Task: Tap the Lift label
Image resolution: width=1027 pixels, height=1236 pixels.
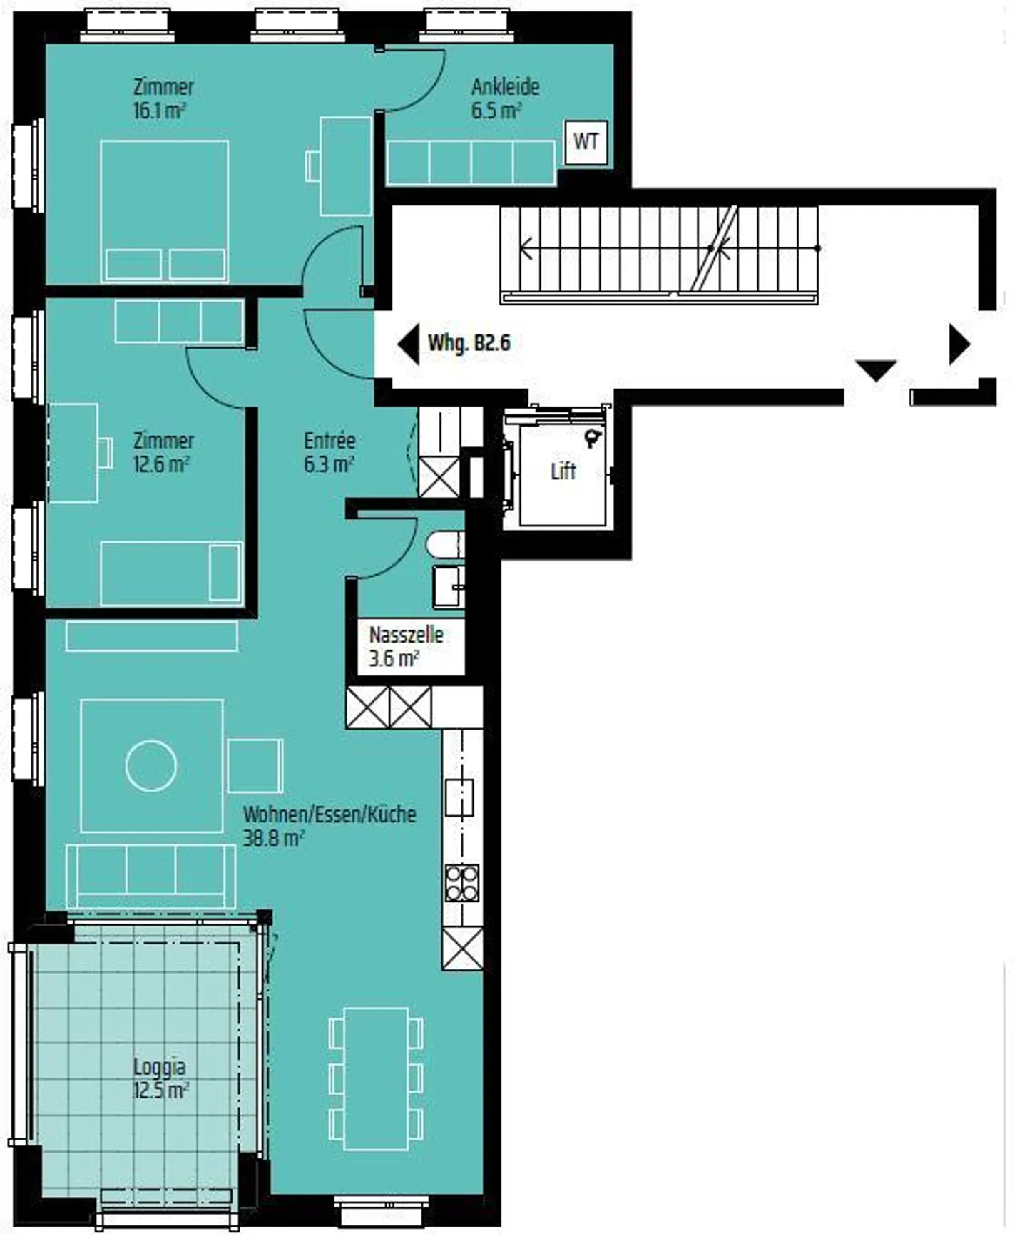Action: coord(563,471)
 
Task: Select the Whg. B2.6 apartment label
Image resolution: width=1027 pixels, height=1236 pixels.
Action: coord(469,343)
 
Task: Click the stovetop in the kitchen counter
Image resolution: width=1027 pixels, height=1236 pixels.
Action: coord(461,883)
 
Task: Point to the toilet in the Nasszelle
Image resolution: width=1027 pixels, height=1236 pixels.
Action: coord(446,546)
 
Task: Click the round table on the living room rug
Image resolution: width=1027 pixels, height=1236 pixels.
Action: coord(151,766)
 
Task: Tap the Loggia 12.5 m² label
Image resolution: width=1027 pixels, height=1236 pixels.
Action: coord(160,1078)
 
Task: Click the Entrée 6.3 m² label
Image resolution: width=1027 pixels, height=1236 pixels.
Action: coord(329,452)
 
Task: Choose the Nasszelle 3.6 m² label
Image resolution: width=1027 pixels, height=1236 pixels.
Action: coord(406,646)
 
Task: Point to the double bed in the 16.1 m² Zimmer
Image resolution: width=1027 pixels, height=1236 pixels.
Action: coord(164,210)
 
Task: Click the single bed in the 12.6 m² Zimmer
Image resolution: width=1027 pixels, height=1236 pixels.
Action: coord(171,573)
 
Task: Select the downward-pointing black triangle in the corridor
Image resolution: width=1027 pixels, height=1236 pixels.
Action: coord(875,370)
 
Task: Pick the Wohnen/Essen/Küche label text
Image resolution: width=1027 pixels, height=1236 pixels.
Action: coord(329,814)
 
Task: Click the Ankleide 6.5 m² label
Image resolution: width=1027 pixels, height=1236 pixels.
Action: coord(505,98)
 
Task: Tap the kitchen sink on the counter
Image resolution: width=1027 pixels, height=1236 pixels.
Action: coord(459,798)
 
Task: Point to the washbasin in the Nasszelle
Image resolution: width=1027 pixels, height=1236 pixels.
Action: coord(449,586)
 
